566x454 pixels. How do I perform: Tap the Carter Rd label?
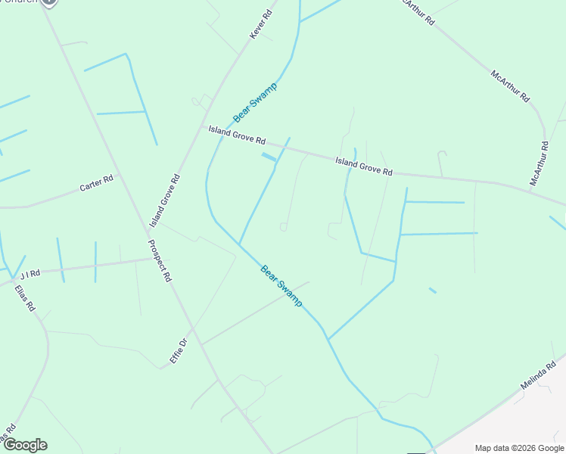pos(96,182)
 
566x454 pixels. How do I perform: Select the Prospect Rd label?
pos(160,262)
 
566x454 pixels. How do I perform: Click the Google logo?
pos(25,445)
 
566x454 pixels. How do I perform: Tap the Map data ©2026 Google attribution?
pos(518,448)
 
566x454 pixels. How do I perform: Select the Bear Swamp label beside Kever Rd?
pos(255,101)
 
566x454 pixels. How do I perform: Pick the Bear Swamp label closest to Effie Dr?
pos(281,285)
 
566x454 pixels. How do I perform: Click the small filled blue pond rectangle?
pos(269,157)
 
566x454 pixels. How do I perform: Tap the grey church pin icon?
pos(49,2)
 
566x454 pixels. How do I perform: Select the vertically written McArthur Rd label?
pos(538,163)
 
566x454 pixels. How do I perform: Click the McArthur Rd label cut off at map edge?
pos(418,12)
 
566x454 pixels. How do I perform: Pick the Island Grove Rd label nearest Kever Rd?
pos(238,136)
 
